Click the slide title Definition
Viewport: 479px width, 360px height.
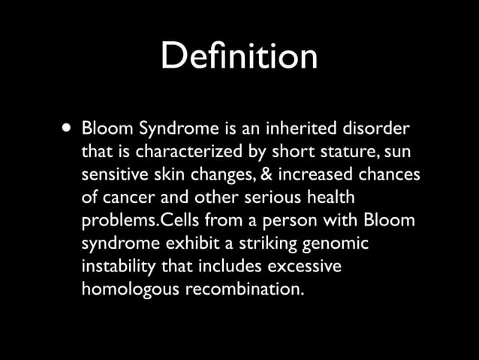(239, 57)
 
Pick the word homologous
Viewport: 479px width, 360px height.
(128, 290)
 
